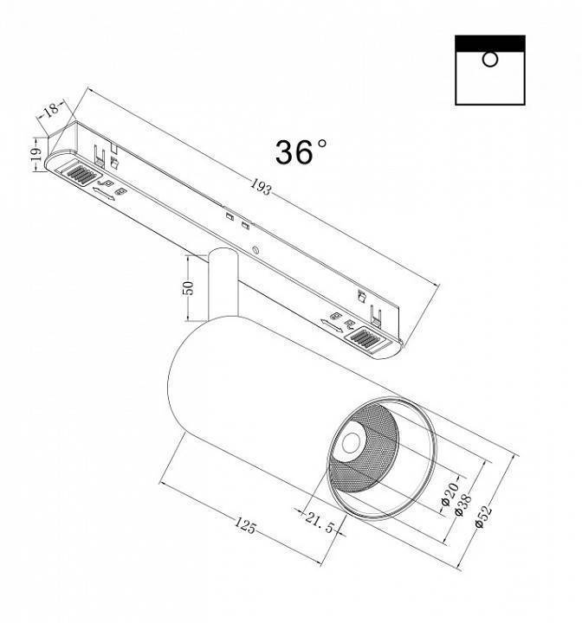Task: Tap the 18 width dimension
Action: (x=51, y=111)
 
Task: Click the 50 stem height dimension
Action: (x=188, y=288)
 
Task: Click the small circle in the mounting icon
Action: (x=489, y=61)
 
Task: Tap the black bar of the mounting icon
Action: (x=490, y=42)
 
